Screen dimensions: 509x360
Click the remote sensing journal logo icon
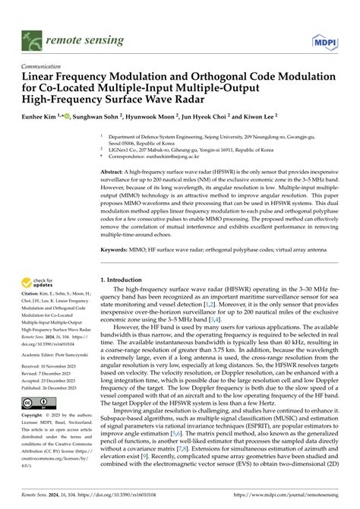(x=30, y=36)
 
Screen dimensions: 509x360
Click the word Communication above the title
(x=42, y=66)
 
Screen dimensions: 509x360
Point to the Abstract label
(x=114, y=173)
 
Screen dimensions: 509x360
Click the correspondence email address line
(x=163, y=156)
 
